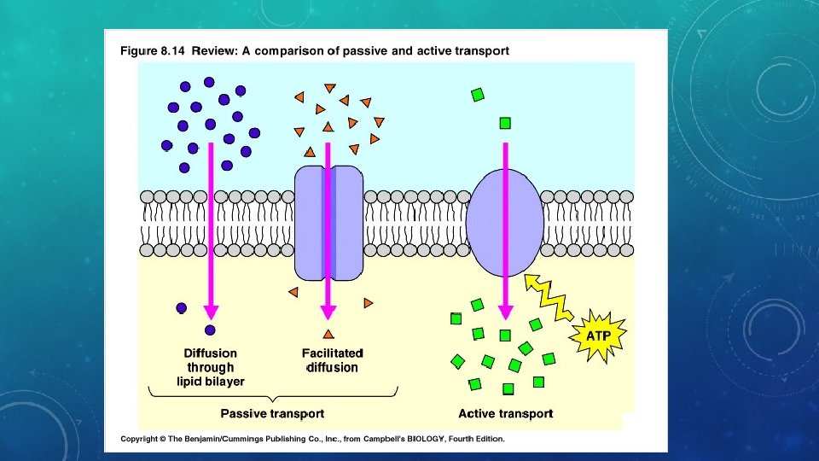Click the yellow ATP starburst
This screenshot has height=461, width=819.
pos(598,336)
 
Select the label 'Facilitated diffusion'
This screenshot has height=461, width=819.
pos(332,360)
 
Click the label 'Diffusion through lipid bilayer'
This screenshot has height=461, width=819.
pos(211,366)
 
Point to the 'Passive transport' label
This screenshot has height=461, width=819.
pos(272,413)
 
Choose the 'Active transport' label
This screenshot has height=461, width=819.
pos(505,413)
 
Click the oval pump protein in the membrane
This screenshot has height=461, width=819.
pos(505,223)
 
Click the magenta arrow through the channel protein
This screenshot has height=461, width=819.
pos(328,230)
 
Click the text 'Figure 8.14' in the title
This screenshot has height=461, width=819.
pos(152,51)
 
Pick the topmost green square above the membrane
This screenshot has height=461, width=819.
pos(478,95)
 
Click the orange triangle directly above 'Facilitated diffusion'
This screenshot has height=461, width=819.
pos(328,333)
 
